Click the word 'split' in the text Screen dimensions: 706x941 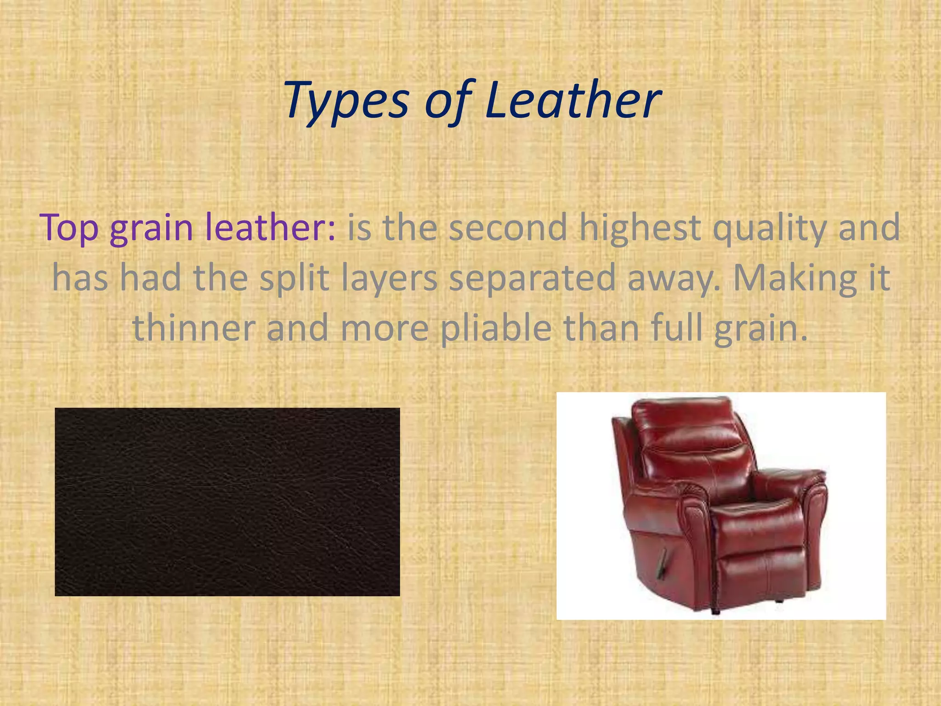coord(294,278)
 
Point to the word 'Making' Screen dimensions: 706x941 coord(795,278)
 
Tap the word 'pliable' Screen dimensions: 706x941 coord(496,329)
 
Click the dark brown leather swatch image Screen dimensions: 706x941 coord(227,501)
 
